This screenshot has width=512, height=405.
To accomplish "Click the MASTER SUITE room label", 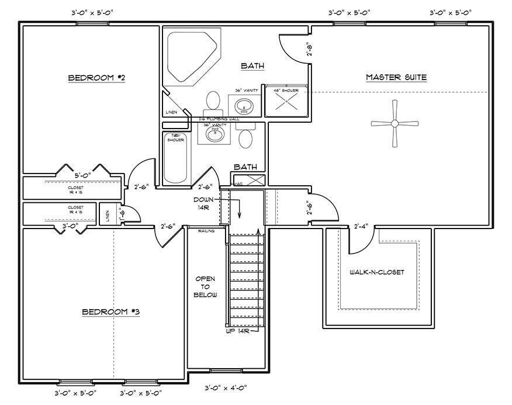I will pos(396,77).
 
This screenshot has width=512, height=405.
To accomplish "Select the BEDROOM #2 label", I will pos(97,78).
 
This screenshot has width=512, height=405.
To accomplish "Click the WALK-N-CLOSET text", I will pos(377,272).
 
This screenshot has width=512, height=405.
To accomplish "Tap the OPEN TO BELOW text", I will pos(206,286).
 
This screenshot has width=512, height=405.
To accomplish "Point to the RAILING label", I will pos(206,231).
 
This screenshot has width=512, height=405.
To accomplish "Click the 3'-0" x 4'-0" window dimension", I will pos(226,387).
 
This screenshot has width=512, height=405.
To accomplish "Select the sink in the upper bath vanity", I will pos(244,106).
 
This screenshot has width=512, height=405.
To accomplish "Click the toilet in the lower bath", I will pos(246,139).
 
